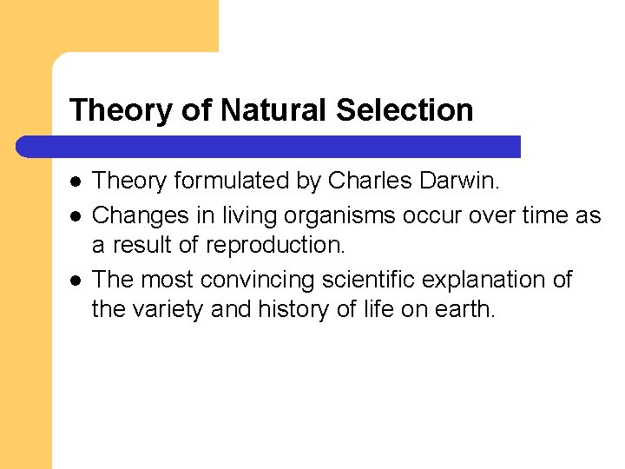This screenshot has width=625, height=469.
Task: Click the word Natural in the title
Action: tap(273, 110)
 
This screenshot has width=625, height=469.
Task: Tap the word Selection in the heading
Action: tap(405, 110)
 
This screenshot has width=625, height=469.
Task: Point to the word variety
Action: tap(168, 310)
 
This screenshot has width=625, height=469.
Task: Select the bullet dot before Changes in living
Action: tap(76, 215)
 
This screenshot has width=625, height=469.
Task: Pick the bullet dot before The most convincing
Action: tap(76, 280)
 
